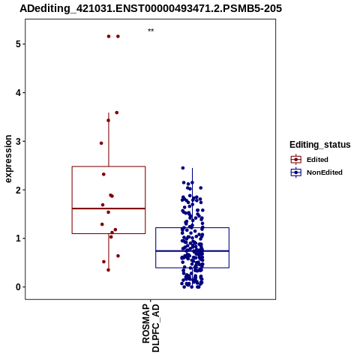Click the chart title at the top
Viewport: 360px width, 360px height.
[151, 8]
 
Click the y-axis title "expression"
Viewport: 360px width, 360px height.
[8, 159]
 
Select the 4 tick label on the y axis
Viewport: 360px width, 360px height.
[18, 93]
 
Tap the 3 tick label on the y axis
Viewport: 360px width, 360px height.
[18, 141]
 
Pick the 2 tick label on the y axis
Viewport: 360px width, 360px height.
[18, 190]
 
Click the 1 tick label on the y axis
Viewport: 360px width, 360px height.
[18, 238]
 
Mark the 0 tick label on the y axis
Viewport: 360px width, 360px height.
[18, 287]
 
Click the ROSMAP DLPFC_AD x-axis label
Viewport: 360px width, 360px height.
[151, 328]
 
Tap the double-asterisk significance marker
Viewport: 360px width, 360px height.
[151, 31]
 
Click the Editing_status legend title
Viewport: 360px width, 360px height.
[320, 145]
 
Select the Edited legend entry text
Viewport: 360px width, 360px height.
[317, 160]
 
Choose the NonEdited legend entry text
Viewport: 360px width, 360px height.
[325, 172]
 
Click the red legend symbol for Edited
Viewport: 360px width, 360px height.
[296, 160]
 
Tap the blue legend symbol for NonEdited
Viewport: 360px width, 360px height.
[296, 172]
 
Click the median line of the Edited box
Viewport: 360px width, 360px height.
[109, 208]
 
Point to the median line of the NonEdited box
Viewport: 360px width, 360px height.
[192, 251]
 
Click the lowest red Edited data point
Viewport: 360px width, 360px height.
[108, 270]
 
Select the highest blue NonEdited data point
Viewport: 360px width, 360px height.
[183, 168]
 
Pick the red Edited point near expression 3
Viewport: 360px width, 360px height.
[101, 143]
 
